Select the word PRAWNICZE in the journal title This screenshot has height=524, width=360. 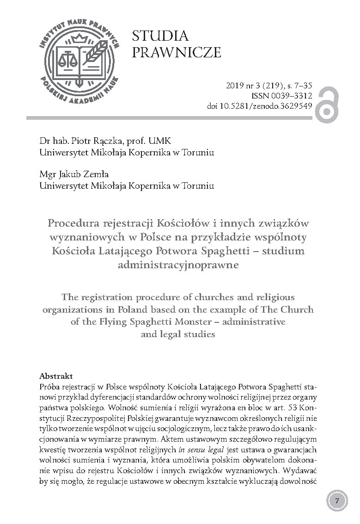click(x=177, y=52)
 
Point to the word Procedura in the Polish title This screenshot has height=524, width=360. click(x=73, y=223)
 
